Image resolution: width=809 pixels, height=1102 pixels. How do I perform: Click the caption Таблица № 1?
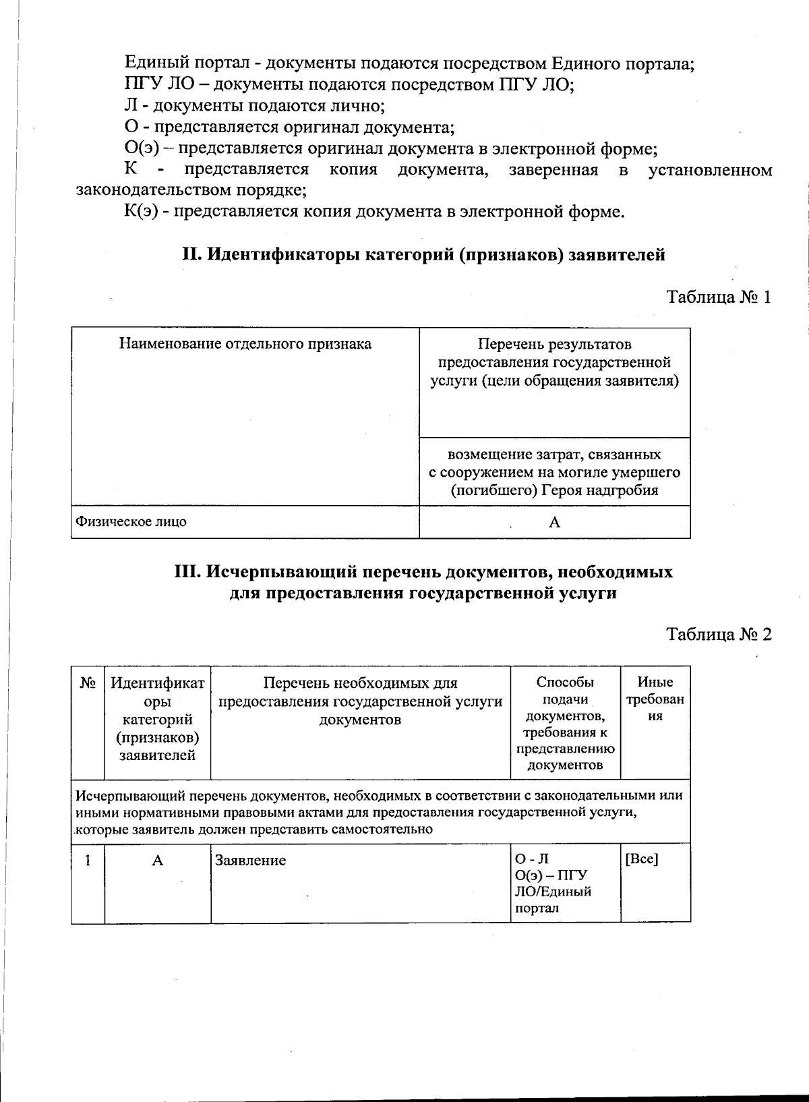pyautogui.click(x=718, y=297)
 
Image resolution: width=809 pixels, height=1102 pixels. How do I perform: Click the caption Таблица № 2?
pyautogui.click(x=718, y=635)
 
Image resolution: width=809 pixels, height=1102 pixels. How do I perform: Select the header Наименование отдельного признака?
pyautogui.click(x=245, y=344)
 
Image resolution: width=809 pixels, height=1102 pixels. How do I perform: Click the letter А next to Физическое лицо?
pyautogui.click(x=555, y=522)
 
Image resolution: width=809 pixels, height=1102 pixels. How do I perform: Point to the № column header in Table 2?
pyautogui.click(x=88, y=683)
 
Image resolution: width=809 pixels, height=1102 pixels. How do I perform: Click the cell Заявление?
pyautogui.click(x=250, y=861)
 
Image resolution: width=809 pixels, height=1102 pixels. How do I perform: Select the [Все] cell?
pyautogui.click(x=642, y=860)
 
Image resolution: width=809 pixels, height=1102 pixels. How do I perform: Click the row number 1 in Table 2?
pyautogui.click(x=88, y=861)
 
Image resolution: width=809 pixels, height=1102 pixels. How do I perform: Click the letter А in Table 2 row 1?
pyautogui.click(x=157, y=861)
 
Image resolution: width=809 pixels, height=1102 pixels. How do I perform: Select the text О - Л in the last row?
pyautogui.click(x=532, y=859)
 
